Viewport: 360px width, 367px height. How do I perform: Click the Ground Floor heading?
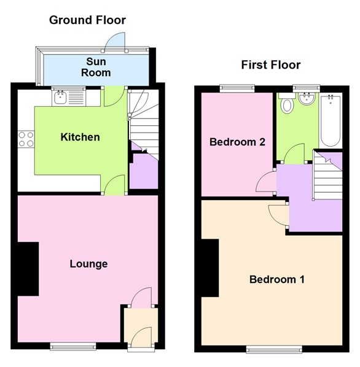point(87,20)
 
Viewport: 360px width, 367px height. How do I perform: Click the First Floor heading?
point(270,64)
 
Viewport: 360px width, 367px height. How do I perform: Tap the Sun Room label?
point(97,68)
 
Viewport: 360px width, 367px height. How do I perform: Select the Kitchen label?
point(80,137)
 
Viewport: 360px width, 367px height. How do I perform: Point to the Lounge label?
point(88,264)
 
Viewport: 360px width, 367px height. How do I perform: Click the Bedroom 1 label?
point(276,280)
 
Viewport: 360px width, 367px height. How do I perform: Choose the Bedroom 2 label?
point(237,142)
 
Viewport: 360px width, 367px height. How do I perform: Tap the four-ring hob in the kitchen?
point(26,139)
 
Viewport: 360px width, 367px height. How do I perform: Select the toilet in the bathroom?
point(287,104)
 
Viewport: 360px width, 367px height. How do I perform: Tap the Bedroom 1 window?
point(274,350)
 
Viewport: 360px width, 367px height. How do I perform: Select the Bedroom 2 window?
point(236,88)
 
